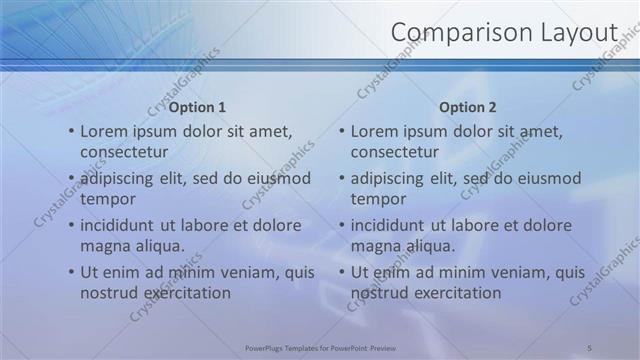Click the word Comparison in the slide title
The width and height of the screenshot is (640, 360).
pos(451,33)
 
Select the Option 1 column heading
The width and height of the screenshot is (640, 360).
pos(197,106)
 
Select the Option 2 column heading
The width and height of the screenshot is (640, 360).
pos(467,106)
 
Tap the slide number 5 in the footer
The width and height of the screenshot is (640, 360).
pos(590,347)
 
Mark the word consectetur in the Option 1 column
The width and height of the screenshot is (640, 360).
pos(124,152)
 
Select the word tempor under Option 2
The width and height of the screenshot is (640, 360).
pos(379,199)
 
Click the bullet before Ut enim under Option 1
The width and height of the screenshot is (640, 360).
pos(70,272)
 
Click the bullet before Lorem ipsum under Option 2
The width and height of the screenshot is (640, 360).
pos(340,131)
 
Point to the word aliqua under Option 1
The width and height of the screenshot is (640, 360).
pos(157,246)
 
